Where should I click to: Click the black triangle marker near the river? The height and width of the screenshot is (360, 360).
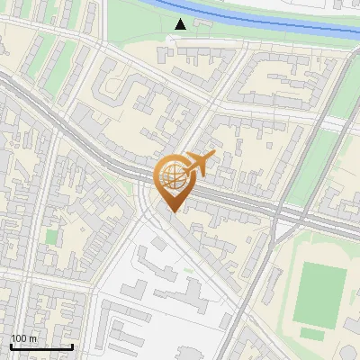tap(182, 24)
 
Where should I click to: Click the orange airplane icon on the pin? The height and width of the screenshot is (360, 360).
tap(200, 164)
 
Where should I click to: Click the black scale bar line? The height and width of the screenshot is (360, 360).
tap(41, 346)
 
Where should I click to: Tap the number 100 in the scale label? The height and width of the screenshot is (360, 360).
tap(20, 338)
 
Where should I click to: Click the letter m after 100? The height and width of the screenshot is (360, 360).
tap(33, 338)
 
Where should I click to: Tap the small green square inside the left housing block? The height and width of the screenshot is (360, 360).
tap(51, 238)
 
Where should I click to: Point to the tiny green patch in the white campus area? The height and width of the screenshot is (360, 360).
tap(188, 270)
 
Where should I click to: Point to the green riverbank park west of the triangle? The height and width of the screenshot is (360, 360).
tap(135, 22)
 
